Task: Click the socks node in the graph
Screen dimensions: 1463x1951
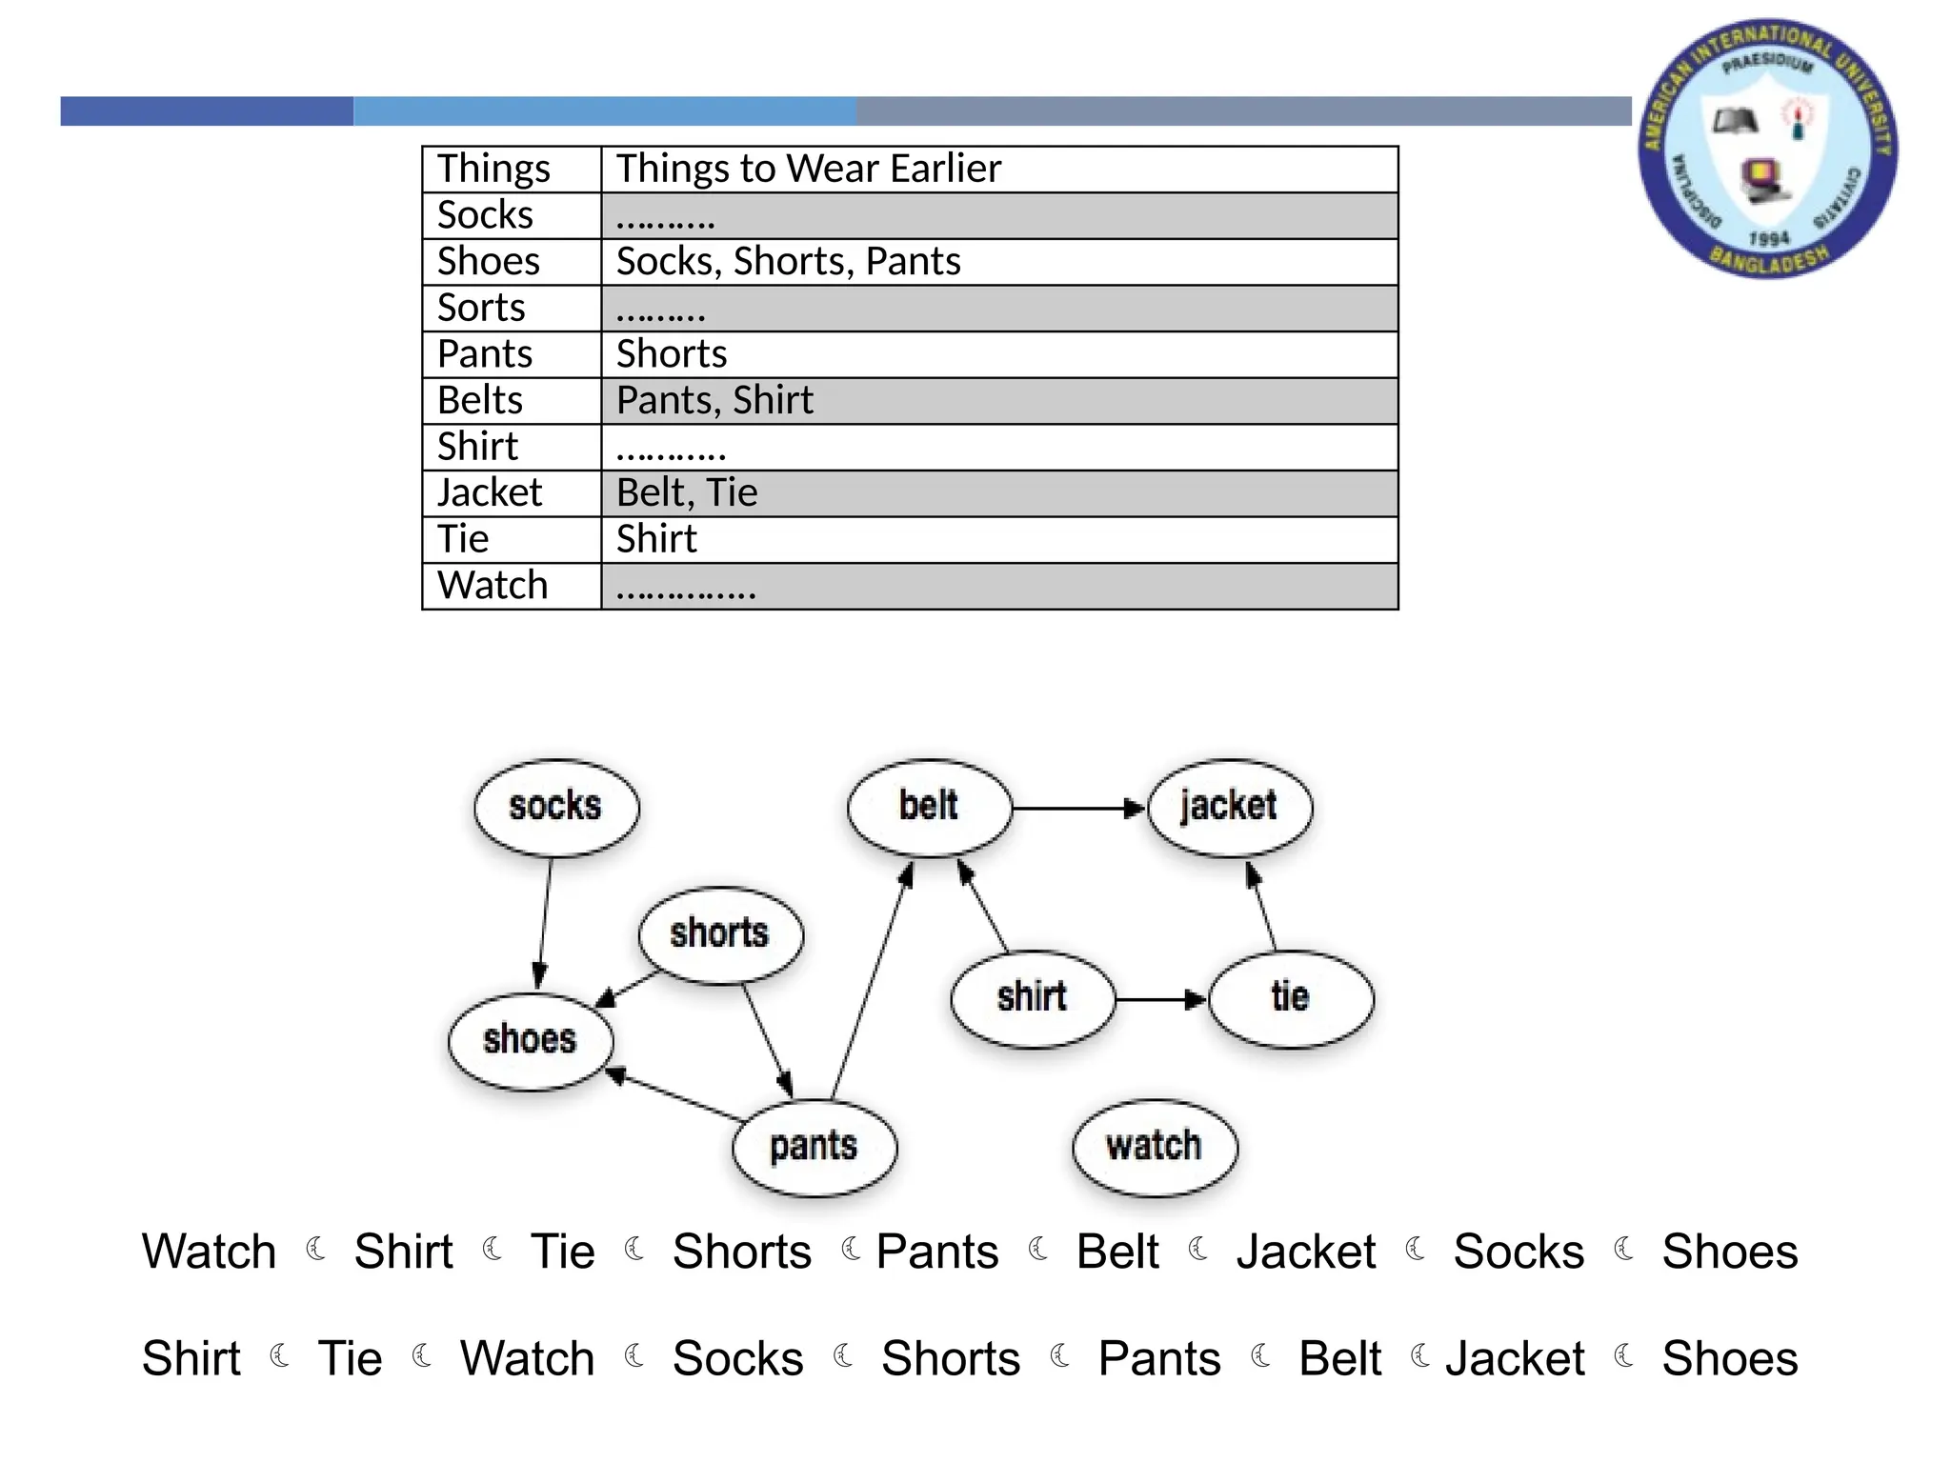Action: [x=556, y=807]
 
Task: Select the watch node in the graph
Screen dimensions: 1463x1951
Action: [x=1155, y=1146]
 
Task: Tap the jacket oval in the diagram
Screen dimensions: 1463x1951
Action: [x=1229, y=807]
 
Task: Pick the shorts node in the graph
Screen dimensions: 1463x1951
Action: [x=720, y=934]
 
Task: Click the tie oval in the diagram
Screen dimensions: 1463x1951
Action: [x=1291, y=998]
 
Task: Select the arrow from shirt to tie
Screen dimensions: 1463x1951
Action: [x=1160, y=1000]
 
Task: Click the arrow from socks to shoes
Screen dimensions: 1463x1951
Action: [x=545, y=922]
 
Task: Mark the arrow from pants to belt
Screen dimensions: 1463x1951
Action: [x=871, y=981]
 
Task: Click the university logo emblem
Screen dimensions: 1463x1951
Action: [x=1767, y=150]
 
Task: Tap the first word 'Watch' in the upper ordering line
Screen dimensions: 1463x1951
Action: [x=209, y=1252]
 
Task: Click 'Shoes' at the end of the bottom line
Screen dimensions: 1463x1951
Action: [x=1729, y=1358]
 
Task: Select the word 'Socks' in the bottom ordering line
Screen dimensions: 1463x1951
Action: [x=737, y=1358]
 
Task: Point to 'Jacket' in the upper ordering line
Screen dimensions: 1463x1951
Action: [x=1305, y=1252]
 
